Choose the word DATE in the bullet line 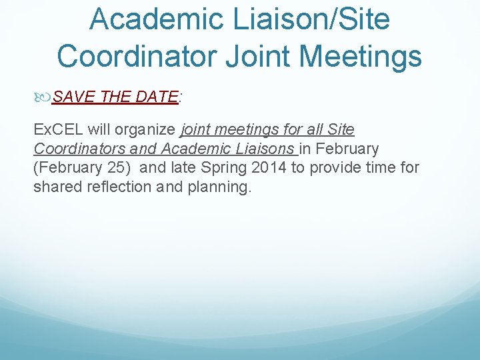156,97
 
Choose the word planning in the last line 219,187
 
